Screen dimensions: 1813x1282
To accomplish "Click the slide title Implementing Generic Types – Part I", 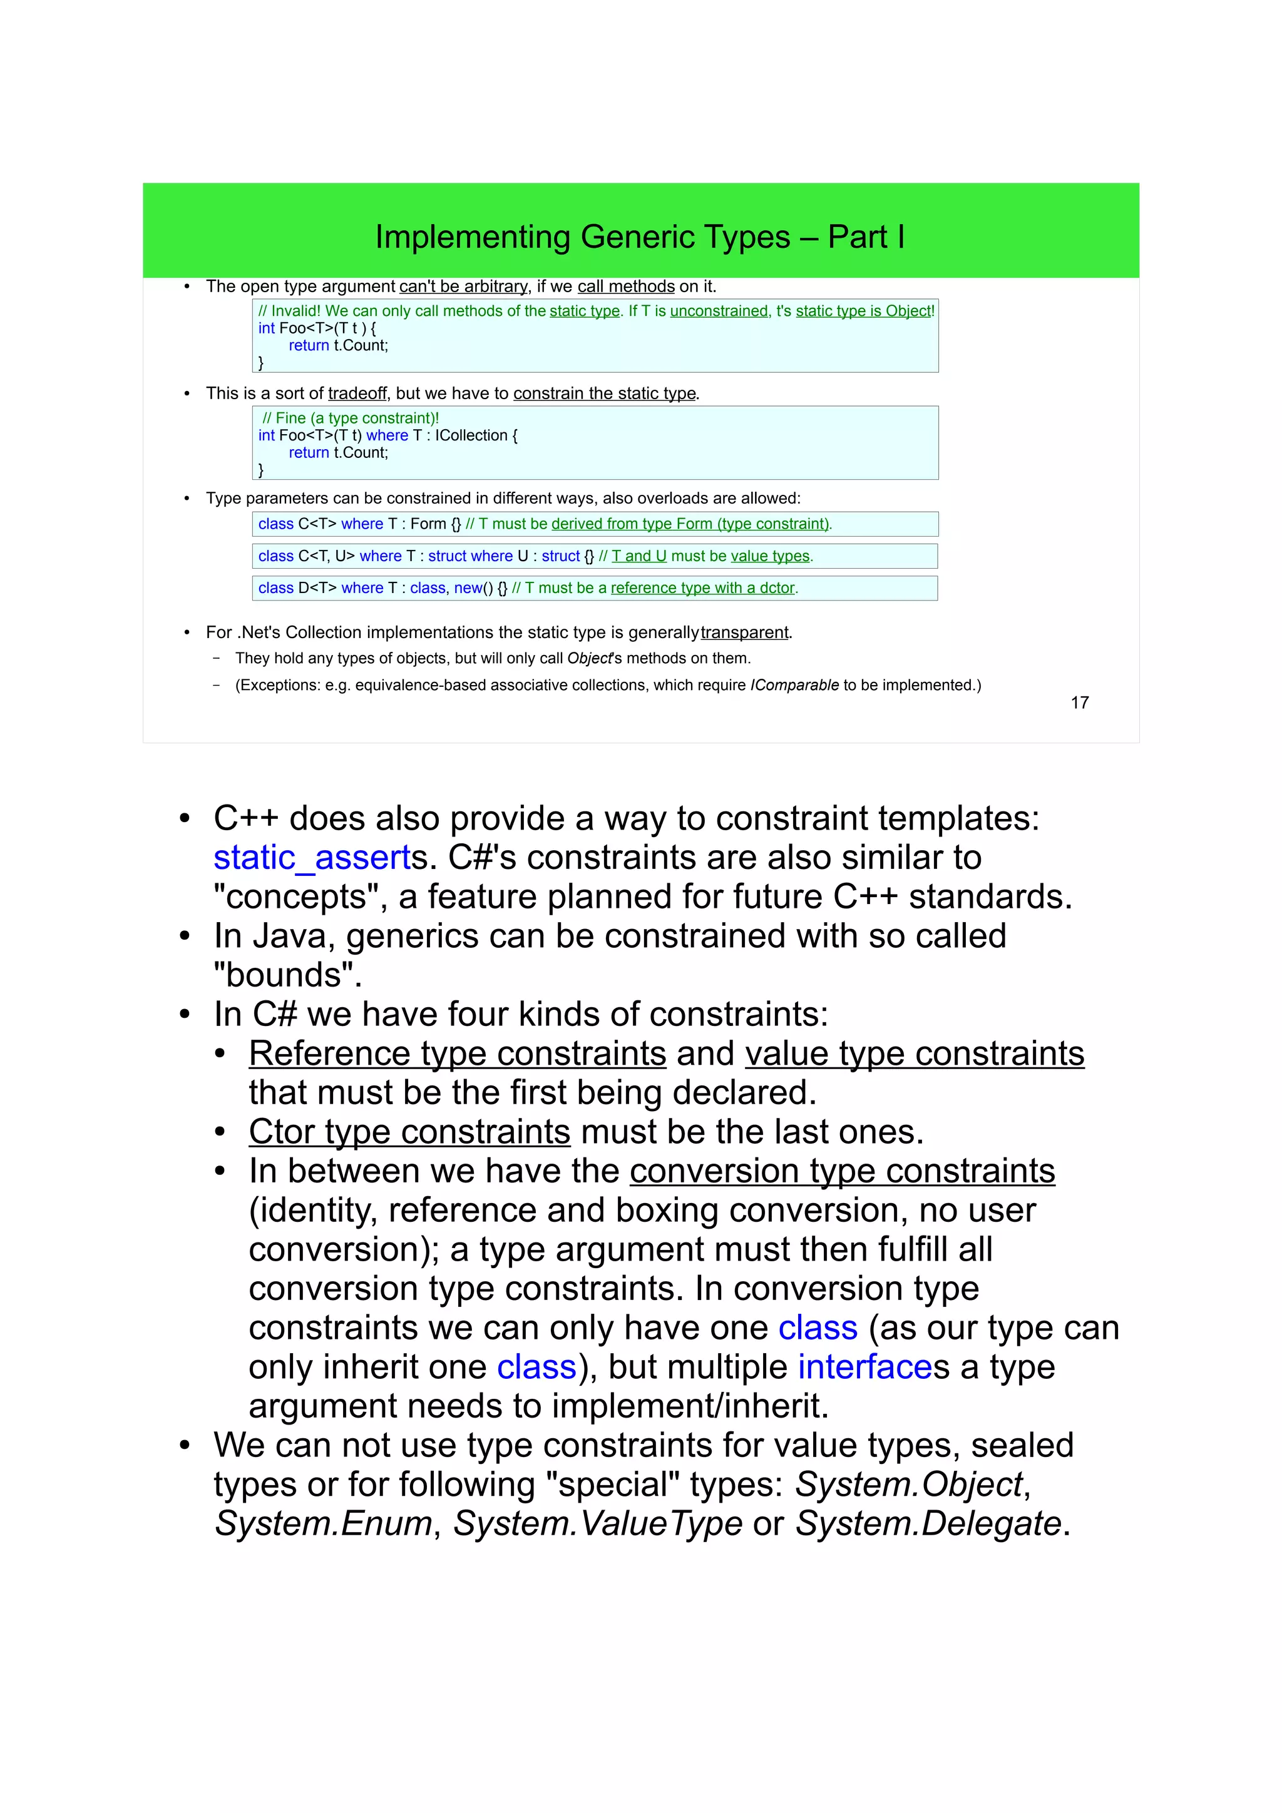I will (640, 237).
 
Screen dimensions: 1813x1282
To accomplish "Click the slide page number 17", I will (1079, 702).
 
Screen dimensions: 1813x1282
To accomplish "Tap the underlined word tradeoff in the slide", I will (357, 394).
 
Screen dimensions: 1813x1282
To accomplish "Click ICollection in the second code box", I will (471, 435).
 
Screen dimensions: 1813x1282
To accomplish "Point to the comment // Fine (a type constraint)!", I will (350, 418).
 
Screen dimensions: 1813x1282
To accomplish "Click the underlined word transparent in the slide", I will (744, 632).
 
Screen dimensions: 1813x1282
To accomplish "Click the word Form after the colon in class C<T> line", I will (428, 524).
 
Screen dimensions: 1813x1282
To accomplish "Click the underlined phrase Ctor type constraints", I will (409, 1132).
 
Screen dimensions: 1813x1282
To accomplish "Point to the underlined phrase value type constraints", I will (914, 1054).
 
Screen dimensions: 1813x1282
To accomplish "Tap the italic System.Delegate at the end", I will (928, 1523).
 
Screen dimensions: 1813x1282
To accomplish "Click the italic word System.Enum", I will (324, 1523).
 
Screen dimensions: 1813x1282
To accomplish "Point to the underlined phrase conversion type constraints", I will (842, 1171).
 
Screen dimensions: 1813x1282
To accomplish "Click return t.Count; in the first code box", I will (338, 345).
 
